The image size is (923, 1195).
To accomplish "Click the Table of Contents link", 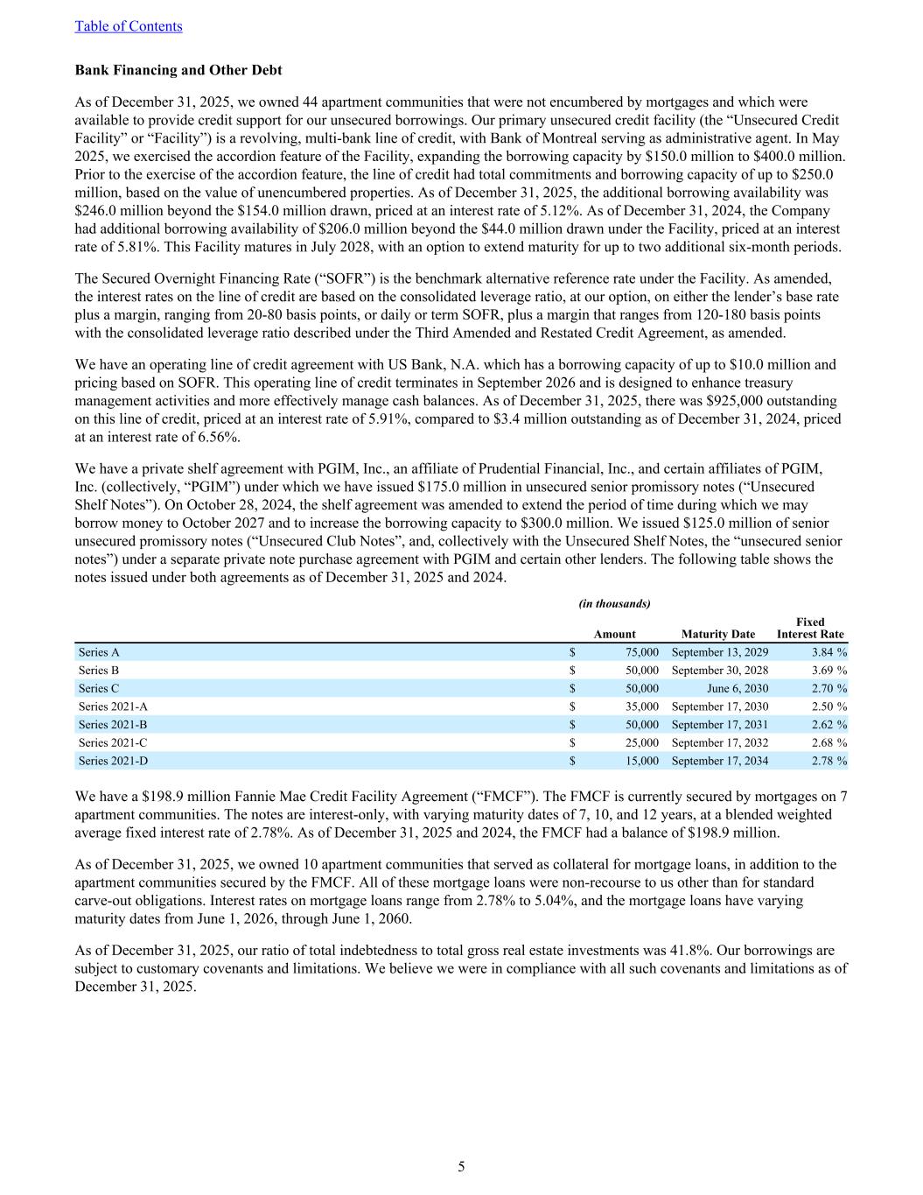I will [x=129, y=26].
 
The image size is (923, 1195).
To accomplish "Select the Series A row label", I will [x=99, y=652].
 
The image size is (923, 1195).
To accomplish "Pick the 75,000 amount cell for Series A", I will [x=641, y=652].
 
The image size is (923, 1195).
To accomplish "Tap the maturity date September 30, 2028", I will [x=719, y=671].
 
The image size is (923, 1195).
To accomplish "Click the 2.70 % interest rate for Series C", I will [x=829, y=689].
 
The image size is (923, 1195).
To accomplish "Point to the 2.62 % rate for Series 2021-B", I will [x=829, y=725].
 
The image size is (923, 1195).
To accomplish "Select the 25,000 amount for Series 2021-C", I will [x=642, y=743].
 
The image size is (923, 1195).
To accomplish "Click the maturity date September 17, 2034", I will [x=719, y=761].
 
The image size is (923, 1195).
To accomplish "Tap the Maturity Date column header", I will [x=717, y=635].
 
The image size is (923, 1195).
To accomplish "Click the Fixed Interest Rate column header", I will [x=810, y=628].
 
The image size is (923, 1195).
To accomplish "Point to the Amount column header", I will [x=615, y=635].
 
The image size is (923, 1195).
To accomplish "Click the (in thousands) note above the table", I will [x=615, y=603].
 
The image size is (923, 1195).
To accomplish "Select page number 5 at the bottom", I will [x=461, y=1166].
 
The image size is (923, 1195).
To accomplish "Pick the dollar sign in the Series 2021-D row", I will [x=572, y=761].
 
